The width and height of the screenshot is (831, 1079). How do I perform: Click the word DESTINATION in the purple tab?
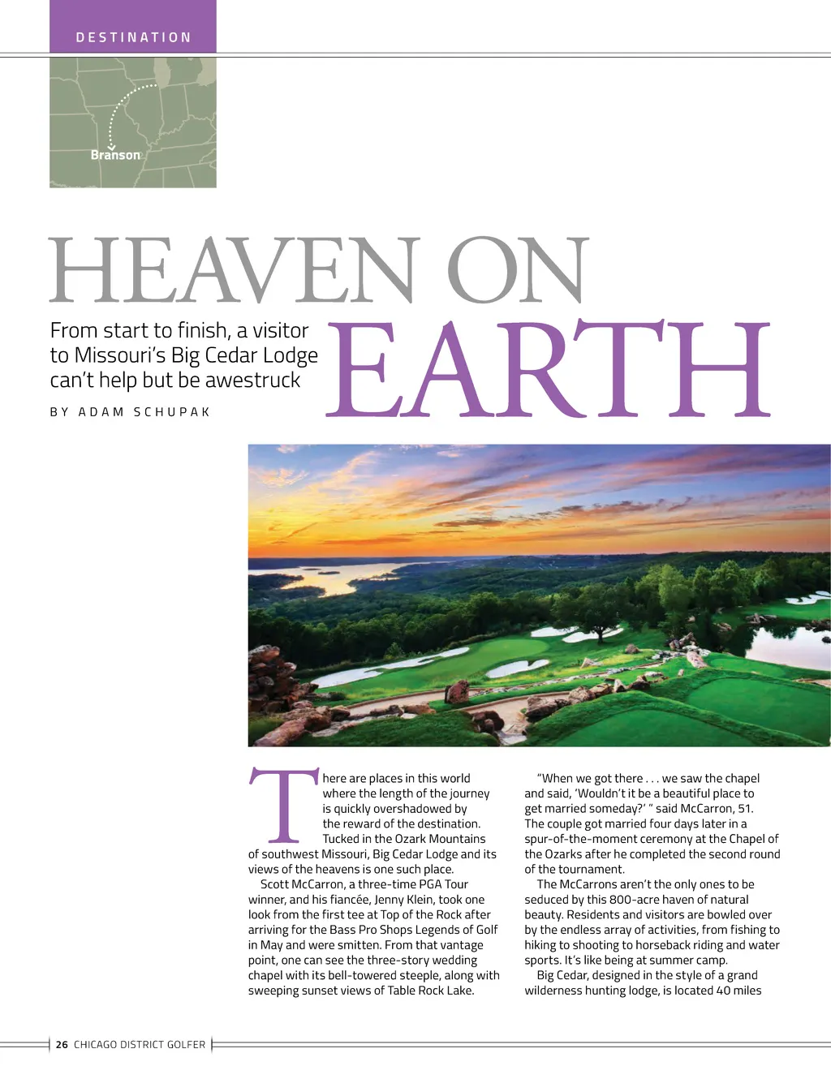click(x=133, y=37)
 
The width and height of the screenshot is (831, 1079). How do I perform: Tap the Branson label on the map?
click(x=115, y=155)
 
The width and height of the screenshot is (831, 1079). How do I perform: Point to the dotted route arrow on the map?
click(x=122, y=110)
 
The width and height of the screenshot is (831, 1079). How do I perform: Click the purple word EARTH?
click(x=548, y=369)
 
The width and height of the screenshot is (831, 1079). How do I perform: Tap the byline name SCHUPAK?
click(x=172, y=412)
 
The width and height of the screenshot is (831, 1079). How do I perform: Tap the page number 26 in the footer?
click(x=62, y=1045)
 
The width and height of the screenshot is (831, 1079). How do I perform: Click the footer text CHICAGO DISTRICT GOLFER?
click(x=140, y=1045)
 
